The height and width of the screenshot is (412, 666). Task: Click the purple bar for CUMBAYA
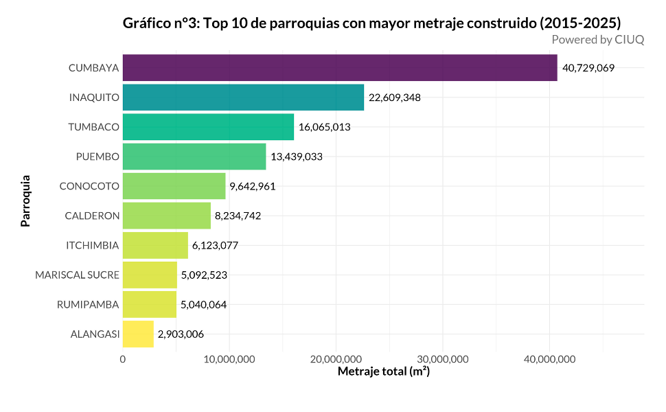340,68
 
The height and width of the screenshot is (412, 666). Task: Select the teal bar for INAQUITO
243,98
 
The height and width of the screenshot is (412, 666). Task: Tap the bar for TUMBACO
208,127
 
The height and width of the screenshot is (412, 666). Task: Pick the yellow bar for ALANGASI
138,334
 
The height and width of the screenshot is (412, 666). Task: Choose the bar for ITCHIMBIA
155,245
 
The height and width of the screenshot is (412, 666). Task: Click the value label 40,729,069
588,68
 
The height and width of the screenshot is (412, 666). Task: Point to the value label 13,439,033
297,157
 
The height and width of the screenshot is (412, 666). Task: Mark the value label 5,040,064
204,305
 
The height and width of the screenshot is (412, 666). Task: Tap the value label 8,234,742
238,216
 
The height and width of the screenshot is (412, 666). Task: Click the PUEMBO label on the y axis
97,157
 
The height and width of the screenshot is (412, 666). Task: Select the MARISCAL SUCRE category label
78,275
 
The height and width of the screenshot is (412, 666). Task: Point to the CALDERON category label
92,216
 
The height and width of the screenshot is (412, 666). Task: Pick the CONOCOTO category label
89,186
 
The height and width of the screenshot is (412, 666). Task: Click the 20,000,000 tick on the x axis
336,358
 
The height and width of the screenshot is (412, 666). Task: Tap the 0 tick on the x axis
123,358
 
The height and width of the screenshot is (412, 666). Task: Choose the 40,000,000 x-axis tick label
549,358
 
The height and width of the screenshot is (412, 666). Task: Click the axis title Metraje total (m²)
383,372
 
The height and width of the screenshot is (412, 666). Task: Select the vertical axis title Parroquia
25,201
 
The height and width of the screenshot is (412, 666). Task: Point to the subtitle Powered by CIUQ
597,40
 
